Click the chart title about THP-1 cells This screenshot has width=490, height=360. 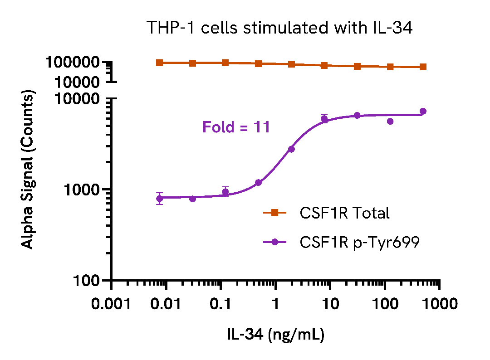click(279, 29)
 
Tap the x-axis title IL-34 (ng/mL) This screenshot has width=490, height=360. click(275, 335)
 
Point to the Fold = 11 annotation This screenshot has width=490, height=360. click(236, 127)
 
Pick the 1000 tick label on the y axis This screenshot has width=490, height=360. click(82, 190)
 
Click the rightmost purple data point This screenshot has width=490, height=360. click(423, 111)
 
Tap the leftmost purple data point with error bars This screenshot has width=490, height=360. click(160, 198)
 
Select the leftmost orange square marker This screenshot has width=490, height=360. click(160, 63)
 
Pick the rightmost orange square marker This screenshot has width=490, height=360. click(423, 67)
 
